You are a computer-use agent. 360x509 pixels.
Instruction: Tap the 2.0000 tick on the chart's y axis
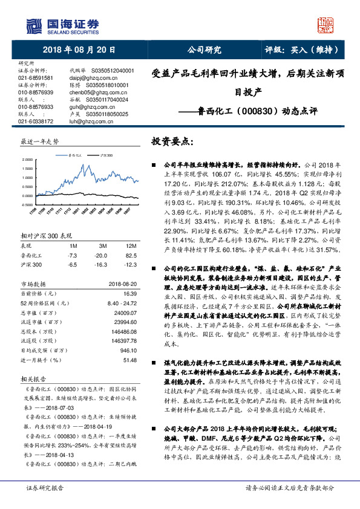[28, 160]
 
